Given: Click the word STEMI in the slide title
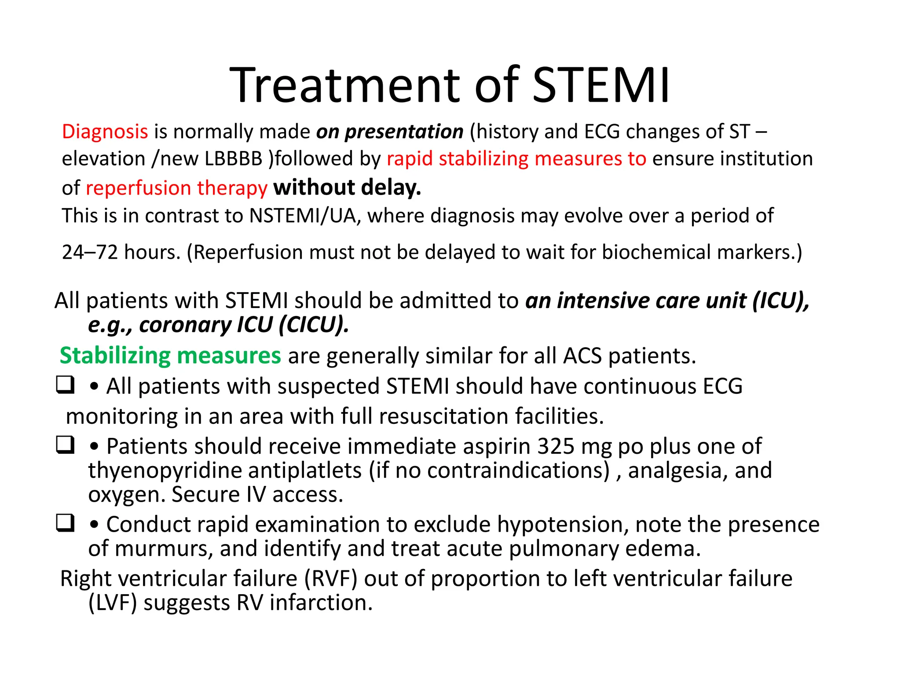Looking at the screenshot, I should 601,85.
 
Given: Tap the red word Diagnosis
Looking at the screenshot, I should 105,132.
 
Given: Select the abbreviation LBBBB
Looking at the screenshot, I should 234,159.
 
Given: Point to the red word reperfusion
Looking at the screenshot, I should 138,188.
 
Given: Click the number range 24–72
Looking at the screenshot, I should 90,252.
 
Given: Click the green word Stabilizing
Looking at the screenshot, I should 115,355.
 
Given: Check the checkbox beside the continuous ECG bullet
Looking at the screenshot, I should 65,385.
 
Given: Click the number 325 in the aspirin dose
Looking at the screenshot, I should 556,446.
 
